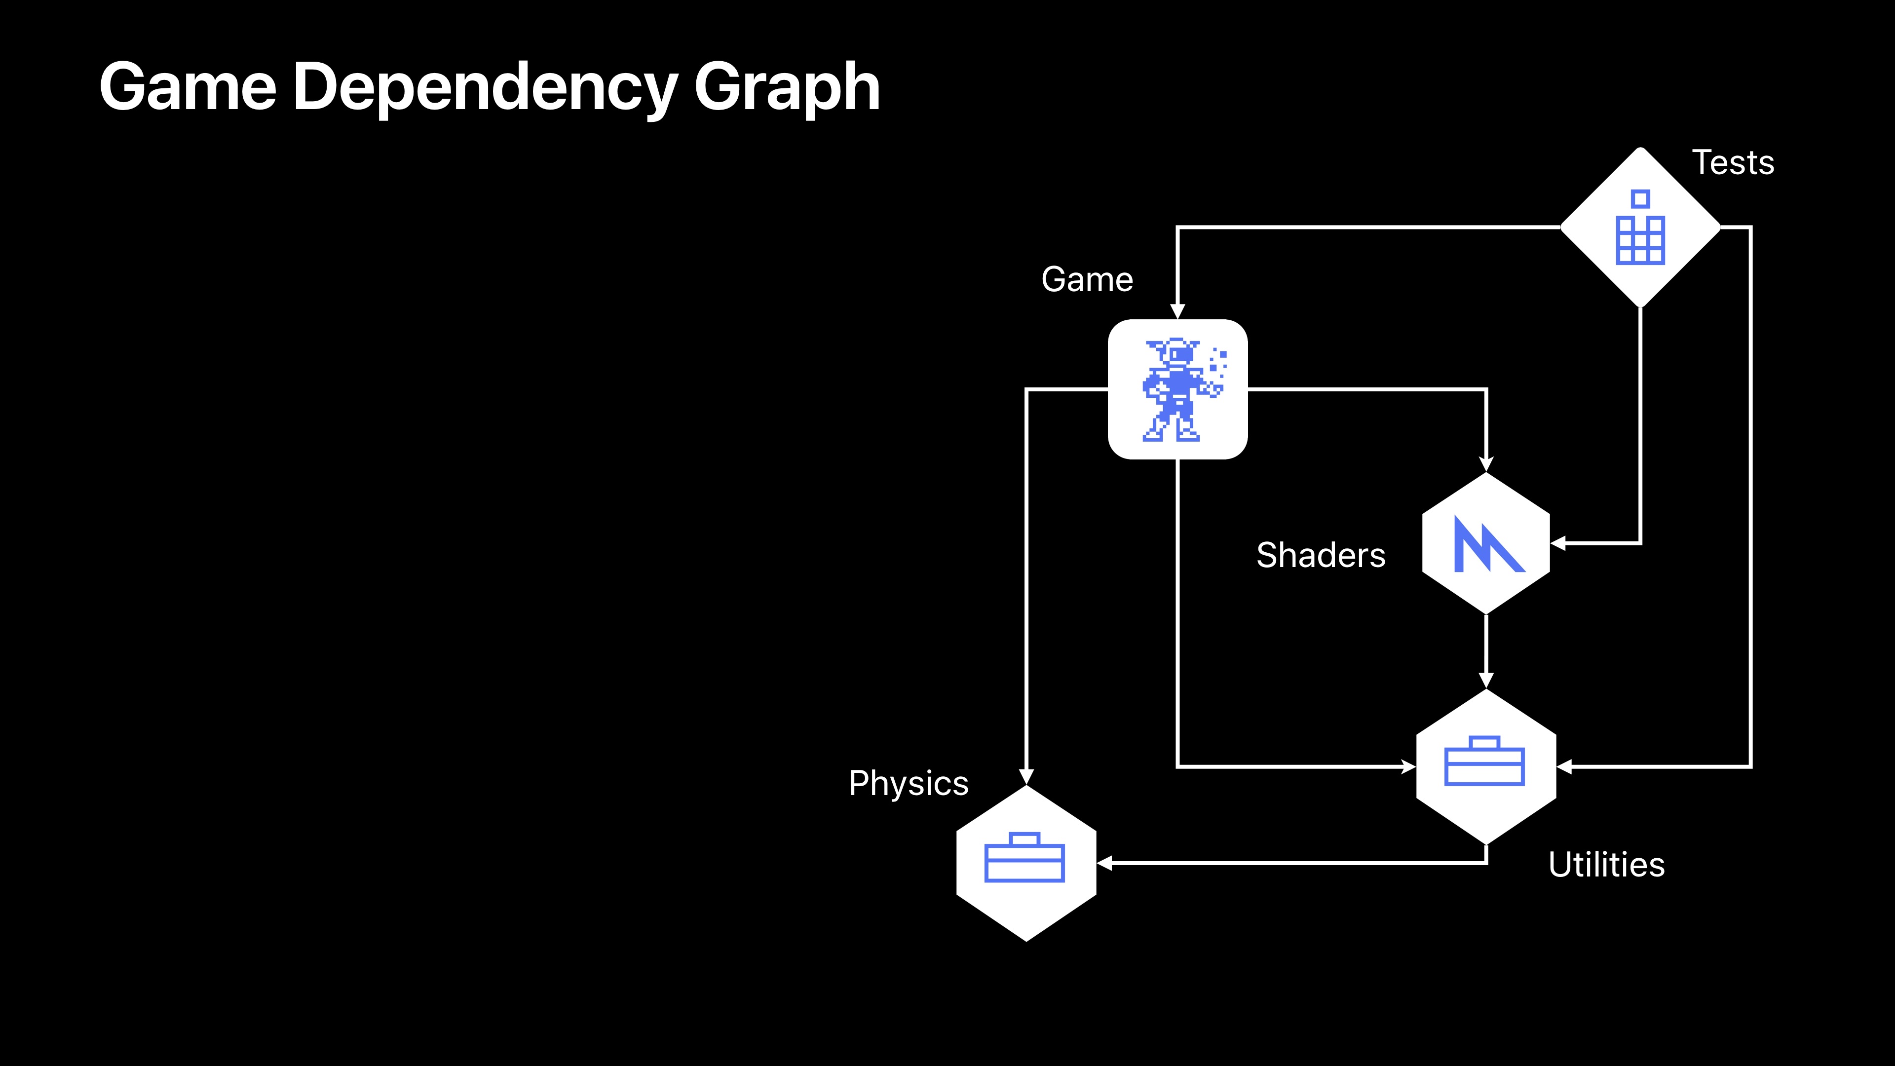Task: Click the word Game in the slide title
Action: coord(188,87)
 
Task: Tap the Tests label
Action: coord(1733,162)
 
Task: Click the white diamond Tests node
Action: coord(1640,228)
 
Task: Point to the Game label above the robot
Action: coord(1087,279)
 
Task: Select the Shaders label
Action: coord(1321,555)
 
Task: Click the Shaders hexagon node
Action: coord(1486,543)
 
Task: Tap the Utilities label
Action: coord(1606,865)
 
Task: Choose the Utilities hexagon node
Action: coord(1486,766)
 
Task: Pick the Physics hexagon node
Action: coord(1025,863)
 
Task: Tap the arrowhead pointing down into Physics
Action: coord(1025,776)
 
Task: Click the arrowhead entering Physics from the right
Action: coord(1105,863)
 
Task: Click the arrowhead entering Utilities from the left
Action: coord(1407,766)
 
